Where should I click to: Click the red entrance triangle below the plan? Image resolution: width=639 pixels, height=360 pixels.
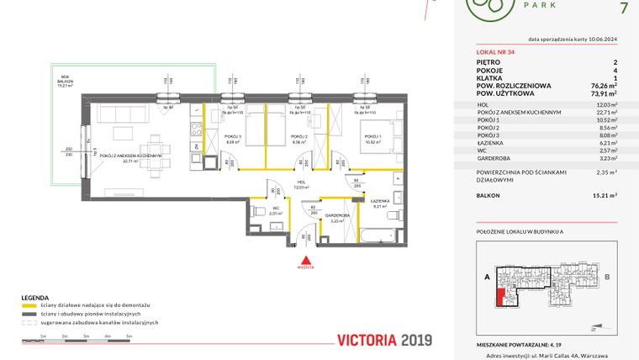click(x=309, y=260)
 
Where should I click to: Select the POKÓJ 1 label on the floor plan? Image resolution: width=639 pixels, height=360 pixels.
click(x=371, y=137)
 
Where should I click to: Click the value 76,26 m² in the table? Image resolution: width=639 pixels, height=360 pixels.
click(x=602, y=84)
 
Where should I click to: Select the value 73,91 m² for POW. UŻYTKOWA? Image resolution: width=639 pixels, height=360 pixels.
click(x=602, y=93)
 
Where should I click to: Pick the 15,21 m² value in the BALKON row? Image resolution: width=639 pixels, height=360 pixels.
click(x=604, y=195)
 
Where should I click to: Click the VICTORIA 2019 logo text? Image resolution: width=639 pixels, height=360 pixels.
click(x=383, y=341)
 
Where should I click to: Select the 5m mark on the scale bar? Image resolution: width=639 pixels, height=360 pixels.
click(x=129, y=336)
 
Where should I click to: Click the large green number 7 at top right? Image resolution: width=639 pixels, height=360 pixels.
click(x=622, y=10)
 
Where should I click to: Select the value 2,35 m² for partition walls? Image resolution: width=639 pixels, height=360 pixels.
click(x=605, y=172)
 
